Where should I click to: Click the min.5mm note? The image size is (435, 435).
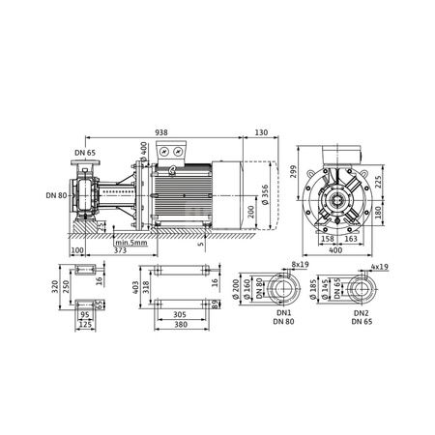click(130, 241)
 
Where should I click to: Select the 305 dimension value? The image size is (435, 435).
click(178, 313)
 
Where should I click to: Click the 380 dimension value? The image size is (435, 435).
click(178, 324)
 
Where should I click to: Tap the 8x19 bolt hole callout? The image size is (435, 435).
click(300, 262)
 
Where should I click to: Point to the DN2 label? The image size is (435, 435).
click(361, 313)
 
